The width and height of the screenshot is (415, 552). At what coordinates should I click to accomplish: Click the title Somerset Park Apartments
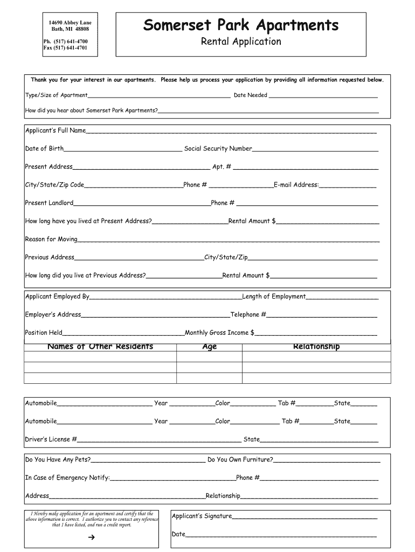tap(241, 25)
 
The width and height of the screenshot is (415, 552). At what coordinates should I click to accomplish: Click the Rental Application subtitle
tap(241, 42)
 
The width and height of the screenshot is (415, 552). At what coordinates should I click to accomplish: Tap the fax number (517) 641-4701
tap(65, 48)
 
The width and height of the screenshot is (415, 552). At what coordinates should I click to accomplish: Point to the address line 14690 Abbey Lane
tap(70, 22)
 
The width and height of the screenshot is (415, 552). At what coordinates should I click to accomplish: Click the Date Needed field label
tap(250, 95)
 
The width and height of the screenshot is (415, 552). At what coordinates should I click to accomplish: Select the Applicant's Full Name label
tap(56, 130)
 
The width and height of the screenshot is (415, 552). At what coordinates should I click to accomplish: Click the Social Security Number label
tap(218, 149)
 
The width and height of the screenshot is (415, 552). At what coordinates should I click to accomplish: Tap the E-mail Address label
tap(296, 185)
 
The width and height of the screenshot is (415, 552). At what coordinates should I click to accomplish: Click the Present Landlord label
tap(49, 203)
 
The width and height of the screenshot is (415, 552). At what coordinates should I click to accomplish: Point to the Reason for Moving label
tap(51, 239)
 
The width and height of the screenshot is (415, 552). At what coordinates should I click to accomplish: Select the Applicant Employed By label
tap(57, 296)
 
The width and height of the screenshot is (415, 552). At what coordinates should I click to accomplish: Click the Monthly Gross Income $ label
tap(219, 333)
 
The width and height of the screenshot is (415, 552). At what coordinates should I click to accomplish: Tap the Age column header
tap(209, 347)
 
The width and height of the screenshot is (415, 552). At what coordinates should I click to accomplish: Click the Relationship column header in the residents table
tap(316, 347)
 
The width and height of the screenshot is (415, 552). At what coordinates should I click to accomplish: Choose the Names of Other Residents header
tap(100, 347)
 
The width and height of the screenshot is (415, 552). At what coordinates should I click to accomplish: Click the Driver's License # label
tap(51, 439)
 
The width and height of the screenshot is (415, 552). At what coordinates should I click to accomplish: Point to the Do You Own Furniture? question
tap(240, 460)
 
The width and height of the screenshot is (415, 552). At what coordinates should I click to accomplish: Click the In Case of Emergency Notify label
tap(67, 478)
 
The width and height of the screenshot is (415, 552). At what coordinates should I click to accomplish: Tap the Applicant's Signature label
tap(202, 516)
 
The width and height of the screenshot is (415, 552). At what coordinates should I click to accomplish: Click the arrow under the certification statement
tap(91, 537)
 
